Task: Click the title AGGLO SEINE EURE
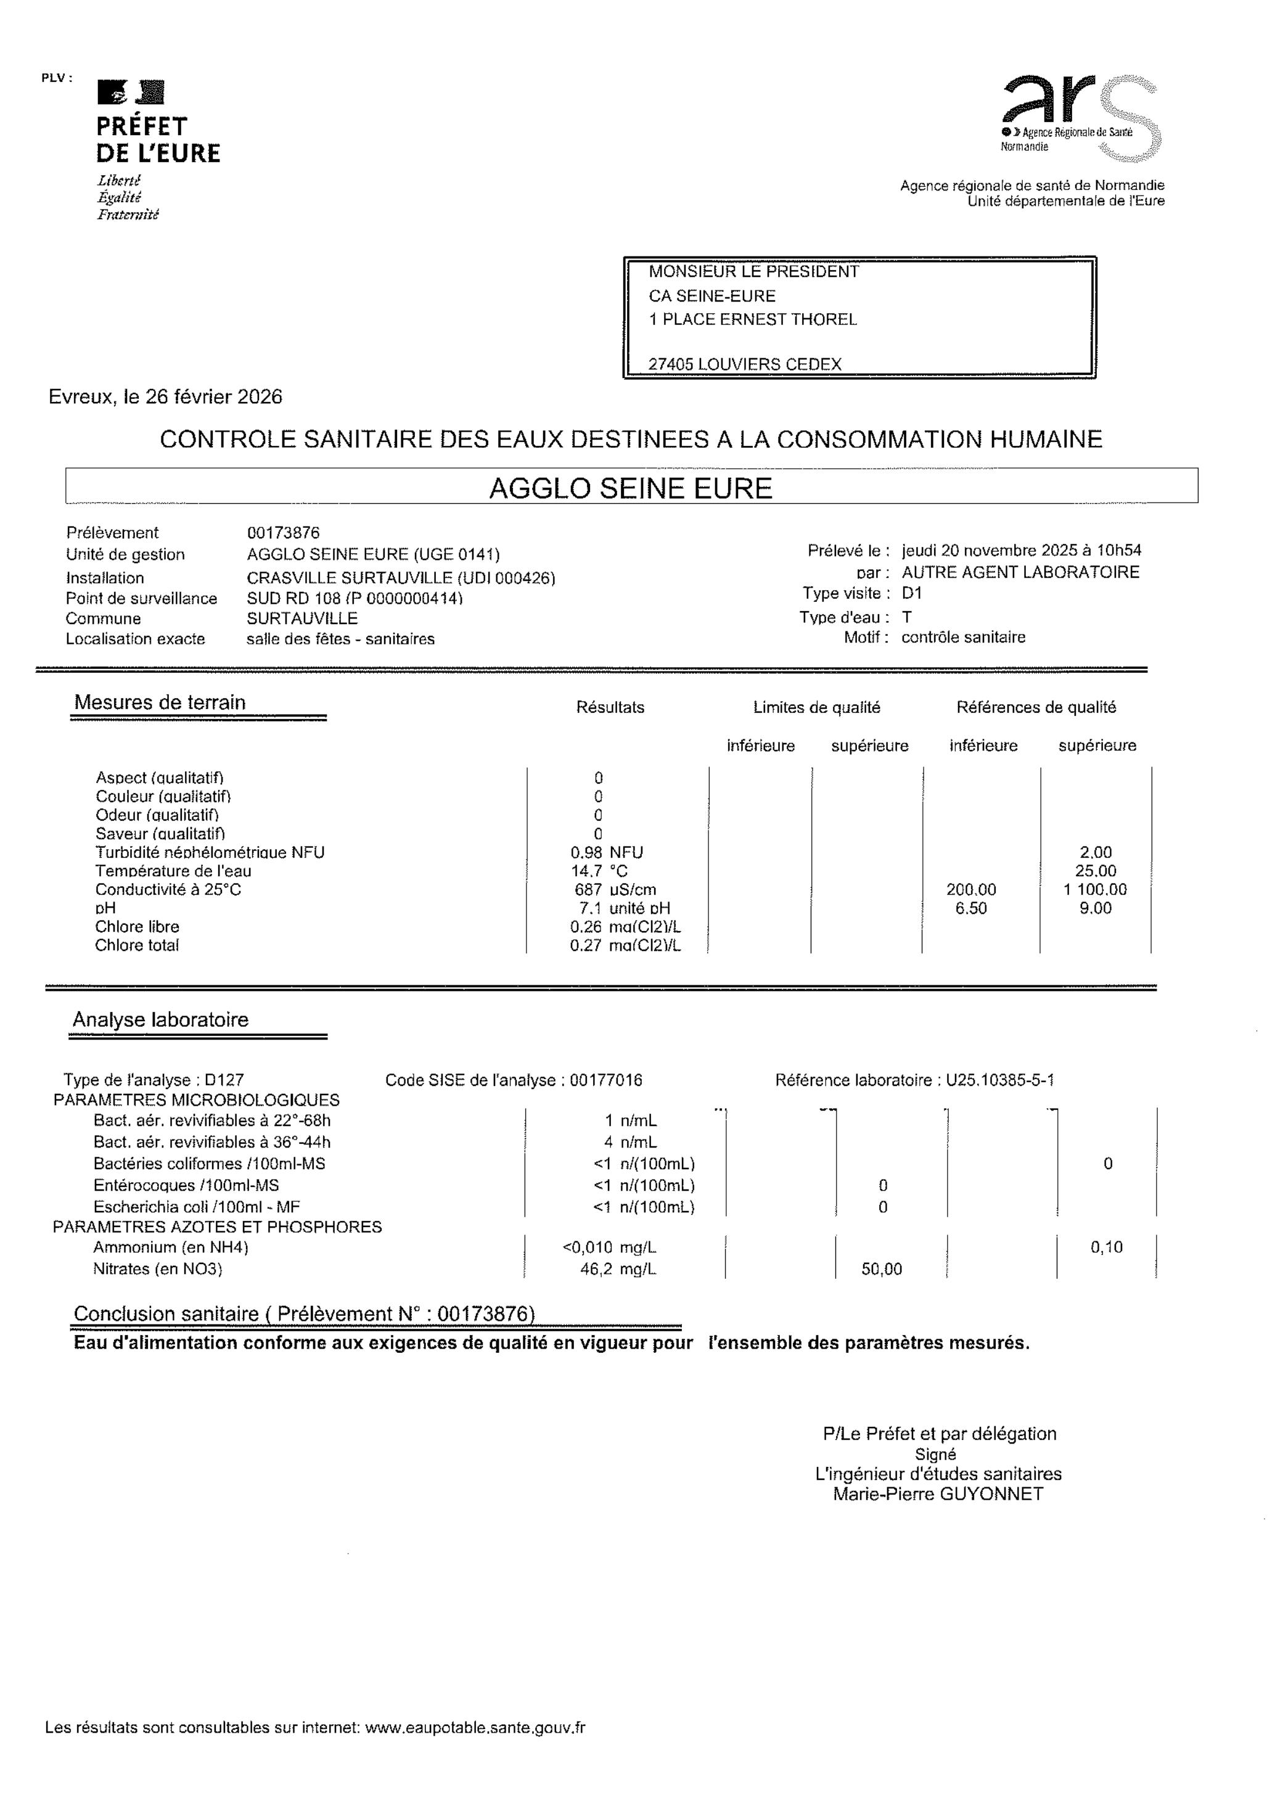(631, 488)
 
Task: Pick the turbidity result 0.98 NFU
(606, 853)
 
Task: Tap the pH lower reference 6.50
(971, 908)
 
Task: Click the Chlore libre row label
(137, 927)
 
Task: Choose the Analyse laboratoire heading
(160, 1020)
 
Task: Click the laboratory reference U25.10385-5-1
(999, 1080)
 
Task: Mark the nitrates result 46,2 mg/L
(618, 1269)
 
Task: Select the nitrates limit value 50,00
(882, 1269)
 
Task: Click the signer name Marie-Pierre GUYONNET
(938, 1493)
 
